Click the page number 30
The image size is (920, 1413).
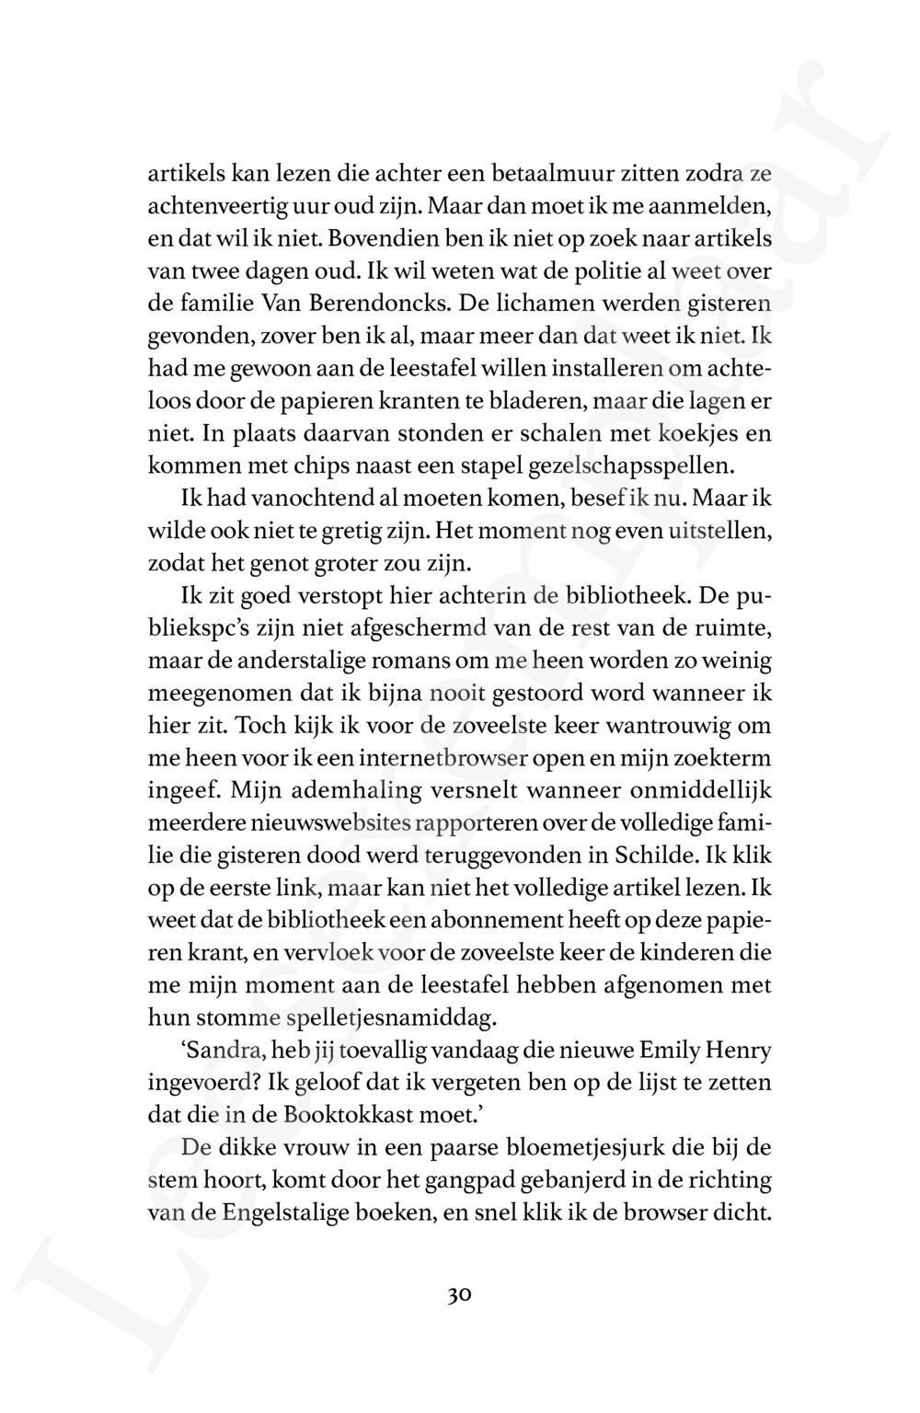(460, 1295)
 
